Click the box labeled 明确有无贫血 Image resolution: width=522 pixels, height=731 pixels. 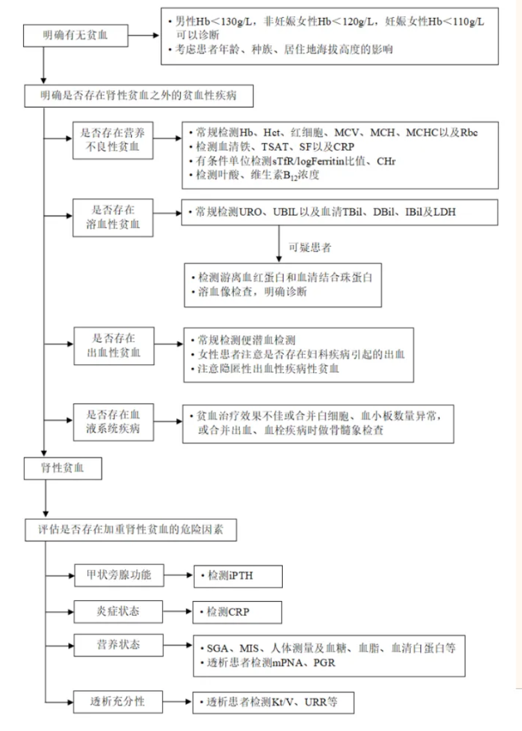(x=75, y=35)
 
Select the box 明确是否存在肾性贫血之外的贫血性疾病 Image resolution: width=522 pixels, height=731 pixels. (x=139, y=96)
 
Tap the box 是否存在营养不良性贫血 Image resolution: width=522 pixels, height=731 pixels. (x=113, y=140)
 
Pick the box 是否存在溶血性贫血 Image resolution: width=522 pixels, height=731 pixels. (x=113, y=217)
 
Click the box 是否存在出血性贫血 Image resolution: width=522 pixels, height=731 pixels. (x=114, y=346)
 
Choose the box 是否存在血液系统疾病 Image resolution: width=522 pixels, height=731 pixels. (x=113, y=422)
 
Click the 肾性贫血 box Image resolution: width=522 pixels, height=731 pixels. (x=63, y=468)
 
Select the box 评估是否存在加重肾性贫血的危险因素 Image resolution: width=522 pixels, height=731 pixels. (x=131, y=530)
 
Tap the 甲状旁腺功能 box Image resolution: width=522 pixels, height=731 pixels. (x=119, y=575)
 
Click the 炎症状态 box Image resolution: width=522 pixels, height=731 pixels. (x=118, y=611)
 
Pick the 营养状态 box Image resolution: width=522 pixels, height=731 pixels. (x=119, y=645)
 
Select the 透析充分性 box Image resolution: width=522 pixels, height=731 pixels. (x=118, y=701)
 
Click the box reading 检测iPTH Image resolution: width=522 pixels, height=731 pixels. (x=238, y=576)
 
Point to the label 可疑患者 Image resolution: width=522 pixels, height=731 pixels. (x=310, y=248)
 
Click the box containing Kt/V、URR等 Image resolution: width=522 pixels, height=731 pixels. (x=273, y=703)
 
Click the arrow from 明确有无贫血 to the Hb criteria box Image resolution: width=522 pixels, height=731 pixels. (x=144, y=35)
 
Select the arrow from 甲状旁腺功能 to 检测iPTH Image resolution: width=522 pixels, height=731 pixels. (x=179, y=575)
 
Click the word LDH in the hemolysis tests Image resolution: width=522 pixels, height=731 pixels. (x=444, y=212)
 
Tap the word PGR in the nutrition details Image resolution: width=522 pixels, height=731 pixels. (x=324, y=663)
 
